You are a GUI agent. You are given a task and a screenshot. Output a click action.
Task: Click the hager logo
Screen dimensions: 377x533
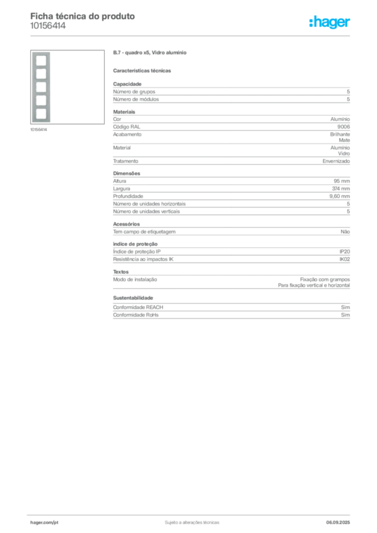[330, 22]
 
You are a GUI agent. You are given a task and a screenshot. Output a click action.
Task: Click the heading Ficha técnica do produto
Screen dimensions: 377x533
[83, 16]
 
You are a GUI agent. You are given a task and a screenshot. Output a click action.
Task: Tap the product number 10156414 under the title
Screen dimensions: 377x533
[48, 26]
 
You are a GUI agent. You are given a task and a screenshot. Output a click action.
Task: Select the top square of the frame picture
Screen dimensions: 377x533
[41, 60]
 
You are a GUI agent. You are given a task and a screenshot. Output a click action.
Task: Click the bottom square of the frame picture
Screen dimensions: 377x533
[41, 114]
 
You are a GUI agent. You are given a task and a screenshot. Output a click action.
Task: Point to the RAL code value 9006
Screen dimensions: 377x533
[343, 127]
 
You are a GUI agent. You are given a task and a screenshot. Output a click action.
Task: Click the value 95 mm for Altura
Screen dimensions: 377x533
[342, 181]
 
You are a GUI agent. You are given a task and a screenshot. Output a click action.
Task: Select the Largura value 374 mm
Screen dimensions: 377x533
[341, 188]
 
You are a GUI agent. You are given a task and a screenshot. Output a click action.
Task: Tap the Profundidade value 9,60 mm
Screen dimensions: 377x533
[340, 196]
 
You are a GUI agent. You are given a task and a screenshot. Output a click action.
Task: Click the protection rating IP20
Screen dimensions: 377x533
[345, 251]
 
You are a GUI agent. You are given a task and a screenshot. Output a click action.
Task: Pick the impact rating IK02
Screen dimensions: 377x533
[345, 259]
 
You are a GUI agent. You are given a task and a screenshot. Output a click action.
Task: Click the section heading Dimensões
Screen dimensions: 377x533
[127, 173]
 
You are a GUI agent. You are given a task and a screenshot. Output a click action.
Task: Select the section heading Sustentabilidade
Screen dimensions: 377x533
[133, 298]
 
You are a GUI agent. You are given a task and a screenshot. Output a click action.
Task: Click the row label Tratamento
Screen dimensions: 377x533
[125, 161]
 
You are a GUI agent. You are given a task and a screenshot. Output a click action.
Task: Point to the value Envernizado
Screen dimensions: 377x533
[336, 161]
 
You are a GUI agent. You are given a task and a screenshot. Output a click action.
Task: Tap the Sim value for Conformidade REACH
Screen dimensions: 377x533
[345, 307]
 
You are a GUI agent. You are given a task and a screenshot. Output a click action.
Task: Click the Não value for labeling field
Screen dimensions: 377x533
[345, 232]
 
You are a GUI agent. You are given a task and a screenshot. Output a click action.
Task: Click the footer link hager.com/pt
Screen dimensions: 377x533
[44, 523]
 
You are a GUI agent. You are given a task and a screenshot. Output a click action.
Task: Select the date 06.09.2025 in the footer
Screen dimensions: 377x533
[338, 523]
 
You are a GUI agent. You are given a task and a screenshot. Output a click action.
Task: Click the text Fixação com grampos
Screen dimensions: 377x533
[324, 280]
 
